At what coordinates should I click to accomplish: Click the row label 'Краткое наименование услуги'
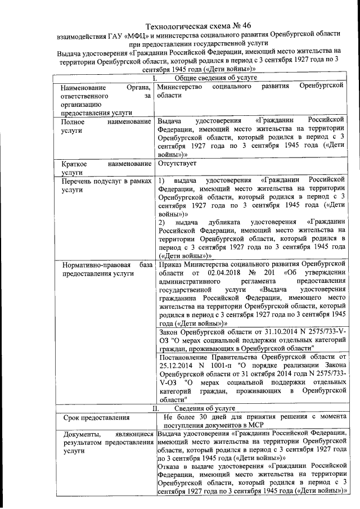click(106, 168)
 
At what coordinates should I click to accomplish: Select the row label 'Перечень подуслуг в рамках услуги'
click(106, 185)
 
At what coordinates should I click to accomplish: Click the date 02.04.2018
click(213, 272)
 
